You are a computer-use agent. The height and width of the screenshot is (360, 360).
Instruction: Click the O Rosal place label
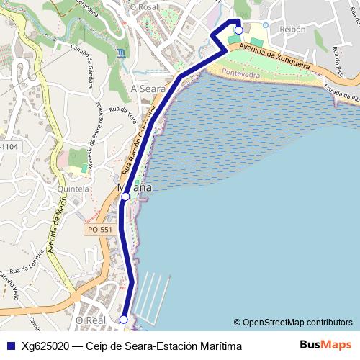pos(143,6)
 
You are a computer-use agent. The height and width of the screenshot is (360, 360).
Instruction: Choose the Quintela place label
pos(73,189)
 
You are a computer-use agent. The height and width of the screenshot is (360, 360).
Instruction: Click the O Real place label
pos(91,319)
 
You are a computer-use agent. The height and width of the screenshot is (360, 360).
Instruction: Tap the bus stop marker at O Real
pos(123,319)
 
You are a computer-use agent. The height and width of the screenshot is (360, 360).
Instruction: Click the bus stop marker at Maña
pos(125,196)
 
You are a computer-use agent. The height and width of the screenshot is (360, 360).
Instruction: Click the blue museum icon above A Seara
pos(120,53)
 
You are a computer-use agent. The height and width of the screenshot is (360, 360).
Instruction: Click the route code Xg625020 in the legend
pos(45,346)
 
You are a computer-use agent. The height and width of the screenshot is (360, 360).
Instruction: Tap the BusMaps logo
pos(325,345)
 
